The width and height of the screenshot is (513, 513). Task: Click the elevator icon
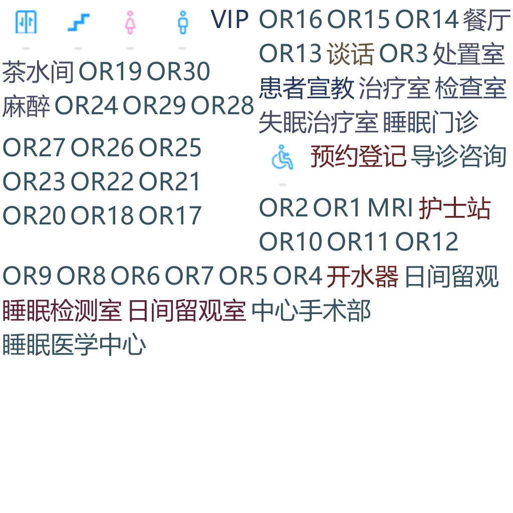[x=26, y=21]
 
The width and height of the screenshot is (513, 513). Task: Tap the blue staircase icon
[x=78, y=21]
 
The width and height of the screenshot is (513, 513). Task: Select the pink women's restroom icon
[x=130, y=22]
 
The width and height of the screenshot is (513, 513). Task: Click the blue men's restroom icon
[x=182, y=22]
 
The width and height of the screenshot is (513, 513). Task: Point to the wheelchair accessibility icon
[x=283, y=158]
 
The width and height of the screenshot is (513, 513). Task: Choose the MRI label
[x=390, y=208]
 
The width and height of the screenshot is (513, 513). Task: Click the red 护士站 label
[x=454, y=208]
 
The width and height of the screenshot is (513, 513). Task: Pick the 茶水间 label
[x=38, y=72]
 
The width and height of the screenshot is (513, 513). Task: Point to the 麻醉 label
[x=26, y=106]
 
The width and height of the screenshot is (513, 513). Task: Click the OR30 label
[x=178, y=72]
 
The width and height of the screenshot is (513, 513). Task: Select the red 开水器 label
[x=362, y=277]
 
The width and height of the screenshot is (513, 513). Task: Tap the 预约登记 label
[x=358, y=157]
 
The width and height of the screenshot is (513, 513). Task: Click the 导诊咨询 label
[x=458, y=157]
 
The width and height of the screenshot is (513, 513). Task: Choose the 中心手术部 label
[x=311, y=311]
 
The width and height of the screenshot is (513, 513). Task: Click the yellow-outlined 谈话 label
[x=350, y=54]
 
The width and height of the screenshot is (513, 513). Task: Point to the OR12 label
[x=426, y=242]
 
